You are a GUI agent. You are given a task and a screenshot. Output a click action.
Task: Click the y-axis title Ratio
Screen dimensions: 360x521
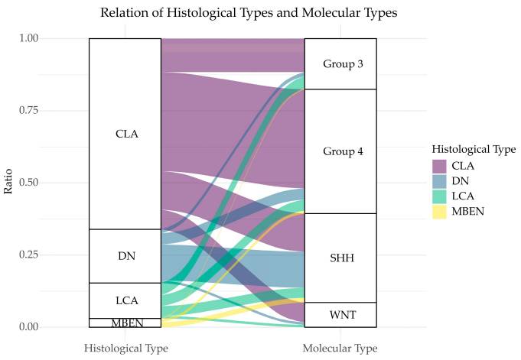pyautogui.click(x=9, y=183)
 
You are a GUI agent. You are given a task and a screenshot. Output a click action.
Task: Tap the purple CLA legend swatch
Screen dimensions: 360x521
pyautogui.click(x=439, y=166)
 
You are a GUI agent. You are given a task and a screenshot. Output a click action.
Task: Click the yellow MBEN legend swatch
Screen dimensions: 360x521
pyautogui.click(x=439, y=210)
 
